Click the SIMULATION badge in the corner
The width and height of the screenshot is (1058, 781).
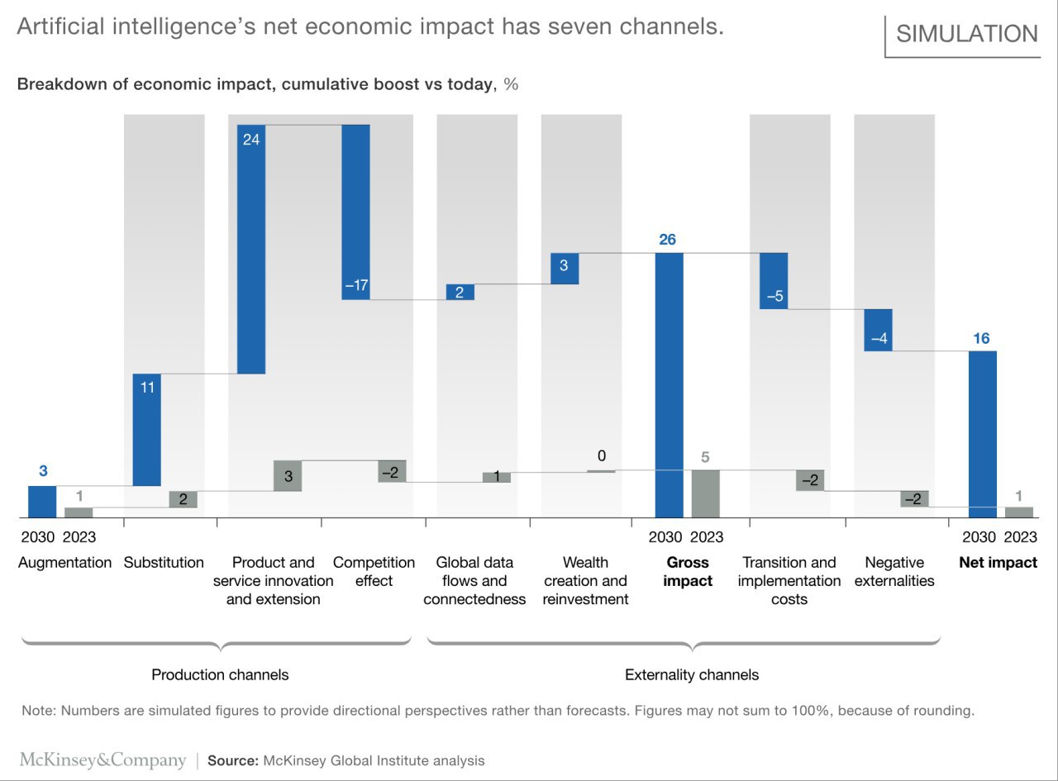[967, 34]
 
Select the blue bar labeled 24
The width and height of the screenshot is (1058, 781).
[251, 249]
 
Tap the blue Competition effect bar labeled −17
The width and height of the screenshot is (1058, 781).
[355, 212]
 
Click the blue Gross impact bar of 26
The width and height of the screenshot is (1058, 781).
[670, 384]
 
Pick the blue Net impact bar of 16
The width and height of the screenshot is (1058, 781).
[983, 434]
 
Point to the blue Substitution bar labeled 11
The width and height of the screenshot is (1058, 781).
[147, 429]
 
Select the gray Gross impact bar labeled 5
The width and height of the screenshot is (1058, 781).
[706, 493]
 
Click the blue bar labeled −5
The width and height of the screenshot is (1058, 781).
[774, 281]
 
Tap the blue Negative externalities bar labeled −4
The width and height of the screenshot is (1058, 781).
[878, 330]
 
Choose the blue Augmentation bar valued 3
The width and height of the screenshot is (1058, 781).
[43, 502]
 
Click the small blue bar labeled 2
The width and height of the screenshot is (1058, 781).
[460, 292]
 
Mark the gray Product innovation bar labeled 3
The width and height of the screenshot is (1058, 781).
[288, 476]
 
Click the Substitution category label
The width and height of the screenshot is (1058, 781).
[164, 563]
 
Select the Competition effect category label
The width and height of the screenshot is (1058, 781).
[374, 571]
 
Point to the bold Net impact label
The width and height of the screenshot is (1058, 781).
[998, 563]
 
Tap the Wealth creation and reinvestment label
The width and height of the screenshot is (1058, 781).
[585, 580]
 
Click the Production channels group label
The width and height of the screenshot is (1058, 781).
[220, 675]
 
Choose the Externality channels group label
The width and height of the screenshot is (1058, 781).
[691, 675]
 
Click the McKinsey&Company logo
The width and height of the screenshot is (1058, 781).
[103, 760]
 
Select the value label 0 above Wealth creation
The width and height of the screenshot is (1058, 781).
[602, 456]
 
